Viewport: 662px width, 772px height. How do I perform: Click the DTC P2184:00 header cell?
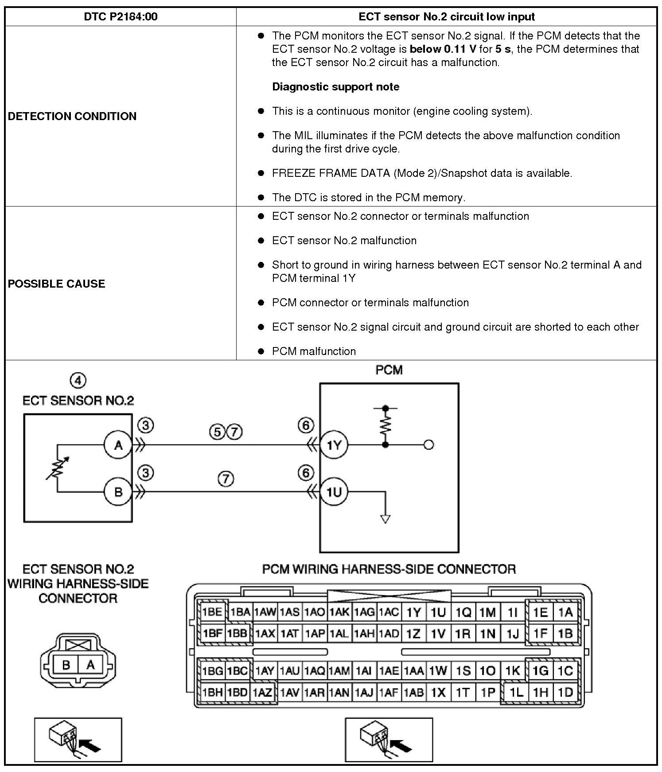(121, 17)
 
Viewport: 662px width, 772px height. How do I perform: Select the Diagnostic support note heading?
(335, 87)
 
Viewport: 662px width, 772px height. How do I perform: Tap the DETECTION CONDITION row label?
(72, 116)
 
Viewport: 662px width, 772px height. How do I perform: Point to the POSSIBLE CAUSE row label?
(57, 284)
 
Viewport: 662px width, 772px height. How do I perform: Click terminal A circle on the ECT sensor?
(118, 445)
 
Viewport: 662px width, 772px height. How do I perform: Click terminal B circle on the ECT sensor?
(118, 492)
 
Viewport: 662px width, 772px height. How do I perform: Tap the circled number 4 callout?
(78, 380)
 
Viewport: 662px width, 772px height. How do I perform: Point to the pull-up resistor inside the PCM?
(386, 425)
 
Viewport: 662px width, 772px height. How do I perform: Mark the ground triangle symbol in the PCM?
(386, 519)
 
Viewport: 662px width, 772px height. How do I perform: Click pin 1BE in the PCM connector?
(212, 612)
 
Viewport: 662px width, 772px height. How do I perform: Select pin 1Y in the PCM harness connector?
(413, 612)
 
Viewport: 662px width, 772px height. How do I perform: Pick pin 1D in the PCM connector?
(565, 692)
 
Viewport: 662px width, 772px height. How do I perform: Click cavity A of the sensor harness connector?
(90, 665)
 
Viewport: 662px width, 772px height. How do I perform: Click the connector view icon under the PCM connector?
(389, 739)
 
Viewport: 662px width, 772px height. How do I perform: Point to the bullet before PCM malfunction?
(261, 351)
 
